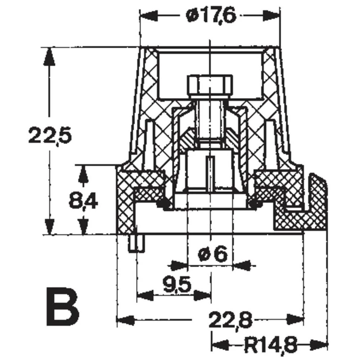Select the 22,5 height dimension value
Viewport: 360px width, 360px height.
click(51, 136)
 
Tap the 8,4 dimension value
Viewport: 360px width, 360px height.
click(83, 202)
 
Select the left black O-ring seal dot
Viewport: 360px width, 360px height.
click(164, 205)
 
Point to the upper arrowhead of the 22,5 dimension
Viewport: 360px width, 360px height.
click(49, 57)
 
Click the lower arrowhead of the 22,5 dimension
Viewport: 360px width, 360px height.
click(49, 225)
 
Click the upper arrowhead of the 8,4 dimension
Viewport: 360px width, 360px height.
click(83, 175)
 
